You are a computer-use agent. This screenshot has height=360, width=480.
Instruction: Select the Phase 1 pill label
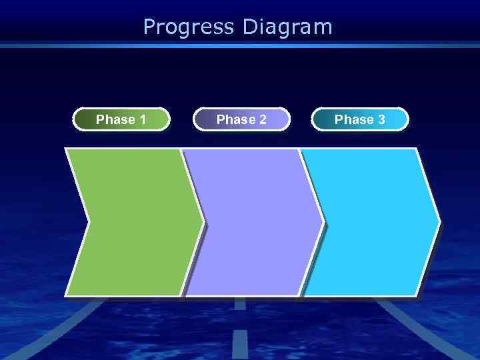[121, 119]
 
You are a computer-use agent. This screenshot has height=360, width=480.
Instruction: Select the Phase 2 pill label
[241, 119]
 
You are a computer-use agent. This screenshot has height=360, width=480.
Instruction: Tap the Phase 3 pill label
[360, 119]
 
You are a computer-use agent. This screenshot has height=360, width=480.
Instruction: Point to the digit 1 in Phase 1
[143, 120]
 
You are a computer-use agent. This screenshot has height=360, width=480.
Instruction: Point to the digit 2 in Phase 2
[263, 120]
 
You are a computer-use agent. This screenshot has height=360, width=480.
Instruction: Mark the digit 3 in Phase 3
[381, 120]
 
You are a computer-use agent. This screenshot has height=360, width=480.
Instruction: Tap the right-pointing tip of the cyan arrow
[438, 222]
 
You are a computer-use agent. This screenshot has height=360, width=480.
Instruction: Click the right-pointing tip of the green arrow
[202, 222]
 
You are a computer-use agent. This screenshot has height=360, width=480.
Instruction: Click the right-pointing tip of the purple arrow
[321, 222]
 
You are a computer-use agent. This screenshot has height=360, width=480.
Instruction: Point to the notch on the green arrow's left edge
[87, 222]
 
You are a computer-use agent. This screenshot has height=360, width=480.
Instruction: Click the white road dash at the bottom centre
[239, 343]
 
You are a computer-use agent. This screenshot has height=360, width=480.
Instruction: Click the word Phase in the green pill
[114, 120]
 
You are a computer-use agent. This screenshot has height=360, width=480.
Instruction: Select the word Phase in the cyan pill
[353, 120]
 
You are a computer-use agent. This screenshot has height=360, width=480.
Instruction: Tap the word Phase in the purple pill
[235, 120]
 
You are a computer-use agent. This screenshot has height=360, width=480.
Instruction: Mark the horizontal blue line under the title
[240, 46]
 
